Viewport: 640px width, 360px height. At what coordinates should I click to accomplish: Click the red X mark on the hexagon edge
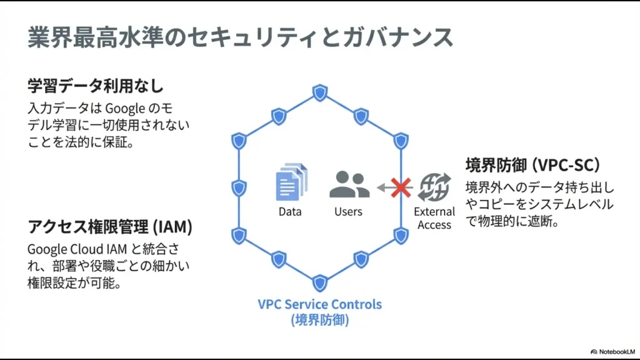(x=401, y=186)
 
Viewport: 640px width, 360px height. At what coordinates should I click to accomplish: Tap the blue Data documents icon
(x=292, y=181)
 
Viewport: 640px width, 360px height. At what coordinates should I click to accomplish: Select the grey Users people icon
(x=349, y=184)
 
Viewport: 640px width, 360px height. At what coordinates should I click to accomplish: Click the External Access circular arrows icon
(x=434, y=186)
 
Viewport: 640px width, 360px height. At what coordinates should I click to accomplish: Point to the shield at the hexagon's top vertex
(x=319, y=94)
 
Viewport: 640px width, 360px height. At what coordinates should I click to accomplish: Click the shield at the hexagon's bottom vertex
(x=319, y=283)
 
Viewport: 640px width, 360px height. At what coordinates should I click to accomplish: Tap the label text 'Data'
(x=291, y=212)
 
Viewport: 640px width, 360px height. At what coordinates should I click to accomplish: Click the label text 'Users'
(x=348, y=212)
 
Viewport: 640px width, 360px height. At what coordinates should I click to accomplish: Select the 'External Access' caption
(x=434, y=218)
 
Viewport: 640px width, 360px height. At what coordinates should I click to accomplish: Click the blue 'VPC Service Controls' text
(x=319, y=304)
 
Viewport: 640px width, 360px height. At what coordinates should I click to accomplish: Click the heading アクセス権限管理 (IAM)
(x=109, y=226)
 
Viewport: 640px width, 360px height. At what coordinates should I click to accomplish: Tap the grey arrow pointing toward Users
(x=383, y=186)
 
